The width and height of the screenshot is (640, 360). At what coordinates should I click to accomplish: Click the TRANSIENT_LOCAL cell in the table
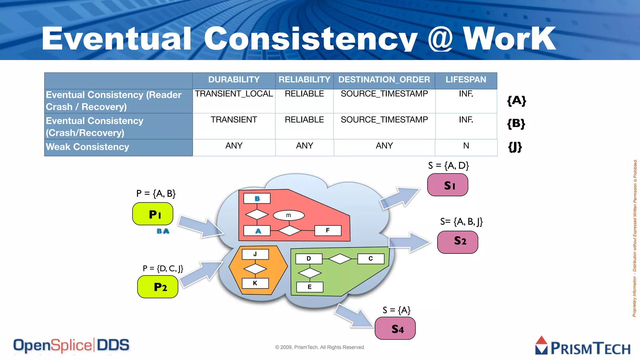click(234, 94)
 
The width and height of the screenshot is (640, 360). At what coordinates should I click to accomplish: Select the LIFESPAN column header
click(466, 80)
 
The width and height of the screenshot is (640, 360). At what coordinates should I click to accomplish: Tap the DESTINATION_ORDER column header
click(384, 80)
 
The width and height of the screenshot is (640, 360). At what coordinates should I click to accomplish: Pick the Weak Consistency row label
click(87, 147)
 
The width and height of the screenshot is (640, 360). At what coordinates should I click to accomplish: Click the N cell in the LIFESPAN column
click(466, 146)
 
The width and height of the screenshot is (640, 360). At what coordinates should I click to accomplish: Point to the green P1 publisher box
click(153, 214)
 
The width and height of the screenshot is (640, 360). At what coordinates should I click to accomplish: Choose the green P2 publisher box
click(158, 287)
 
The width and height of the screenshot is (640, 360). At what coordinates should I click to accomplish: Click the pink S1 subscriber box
click(447, 185)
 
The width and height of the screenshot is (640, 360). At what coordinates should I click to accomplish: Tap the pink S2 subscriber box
click(458, 242)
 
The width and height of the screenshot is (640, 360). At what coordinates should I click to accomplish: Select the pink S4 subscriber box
click(395, 328)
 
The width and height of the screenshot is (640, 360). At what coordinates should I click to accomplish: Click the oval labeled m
click(289, 215)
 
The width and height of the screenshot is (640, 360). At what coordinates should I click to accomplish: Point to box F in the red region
click(328, 231)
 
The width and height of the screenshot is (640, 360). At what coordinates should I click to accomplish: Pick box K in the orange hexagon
click(255, 283)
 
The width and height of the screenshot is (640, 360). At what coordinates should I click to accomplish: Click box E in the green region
click(309, 287)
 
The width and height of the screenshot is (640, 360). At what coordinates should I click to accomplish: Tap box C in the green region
click(371, 259)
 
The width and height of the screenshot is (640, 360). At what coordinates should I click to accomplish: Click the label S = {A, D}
click(448, 166)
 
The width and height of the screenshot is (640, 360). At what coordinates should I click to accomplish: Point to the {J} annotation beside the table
click(515, 147)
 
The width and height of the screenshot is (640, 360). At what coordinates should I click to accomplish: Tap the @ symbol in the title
click(440, 39)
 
